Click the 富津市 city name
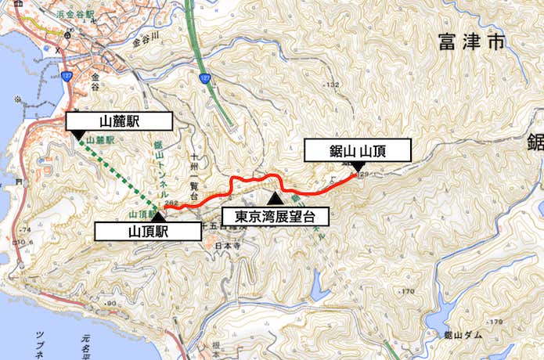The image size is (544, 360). pyautogui.click(x=474, y=42)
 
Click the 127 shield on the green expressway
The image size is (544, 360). pyautogui.click(x=206, y=78)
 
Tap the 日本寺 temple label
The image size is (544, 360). pyautogui.click(x=224, y=245)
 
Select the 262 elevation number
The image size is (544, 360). pyautogui.click(x=171, y=202)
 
